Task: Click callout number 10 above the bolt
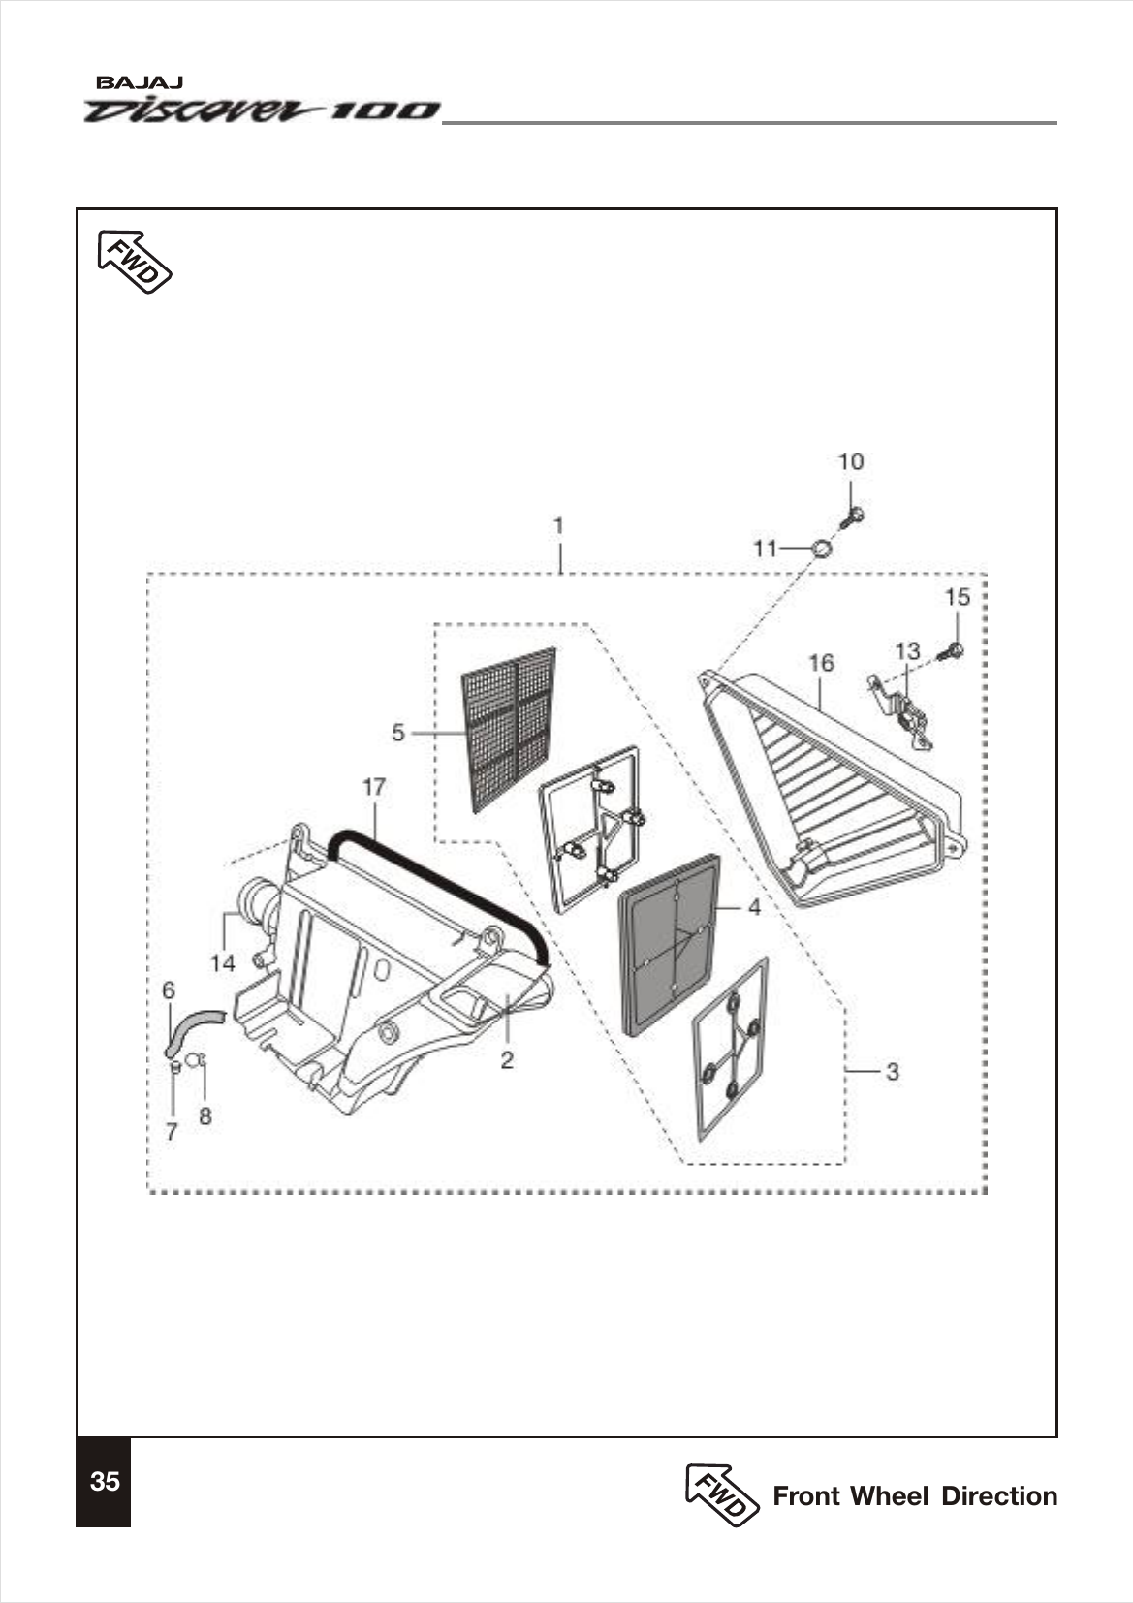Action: (850, 461)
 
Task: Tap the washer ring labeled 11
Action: (821, 550)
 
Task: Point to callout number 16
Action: (820, 663)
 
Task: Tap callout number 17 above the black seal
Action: (374, 787)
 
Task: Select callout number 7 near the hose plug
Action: (172, 1131)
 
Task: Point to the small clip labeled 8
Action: (194, 1060)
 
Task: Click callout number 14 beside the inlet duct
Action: (223, 963)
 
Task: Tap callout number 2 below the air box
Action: (507, 1060)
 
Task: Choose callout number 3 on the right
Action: (892, 1072)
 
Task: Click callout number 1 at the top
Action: (559, 525)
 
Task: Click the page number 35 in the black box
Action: (104, 1482)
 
